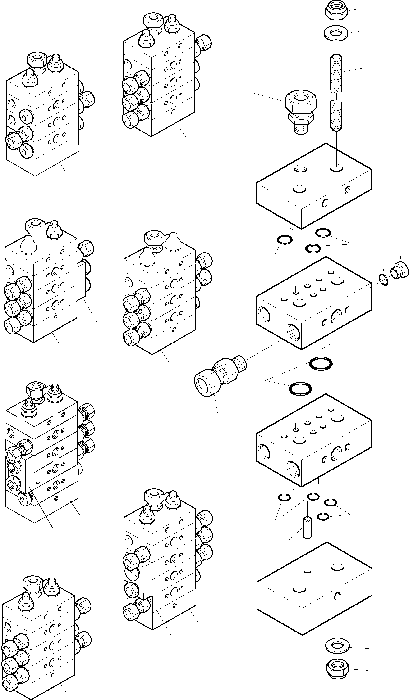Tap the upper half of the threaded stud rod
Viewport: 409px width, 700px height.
[336, 73]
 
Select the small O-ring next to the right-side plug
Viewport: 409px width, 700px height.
[384, 280]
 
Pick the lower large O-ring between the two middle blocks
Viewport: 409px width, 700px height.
[300, 388]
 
